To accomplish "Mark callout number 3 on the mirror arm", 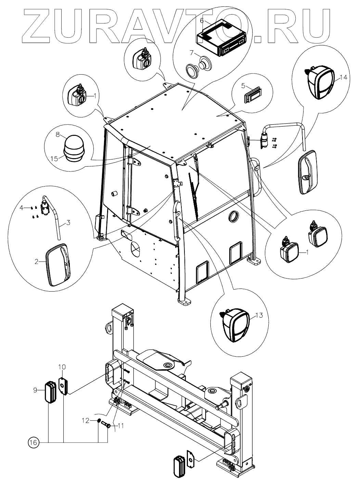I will pyautogui.click(x=68, y=223).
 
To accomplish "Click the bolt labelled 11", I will pyautogui.click(x=105, y=426).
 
